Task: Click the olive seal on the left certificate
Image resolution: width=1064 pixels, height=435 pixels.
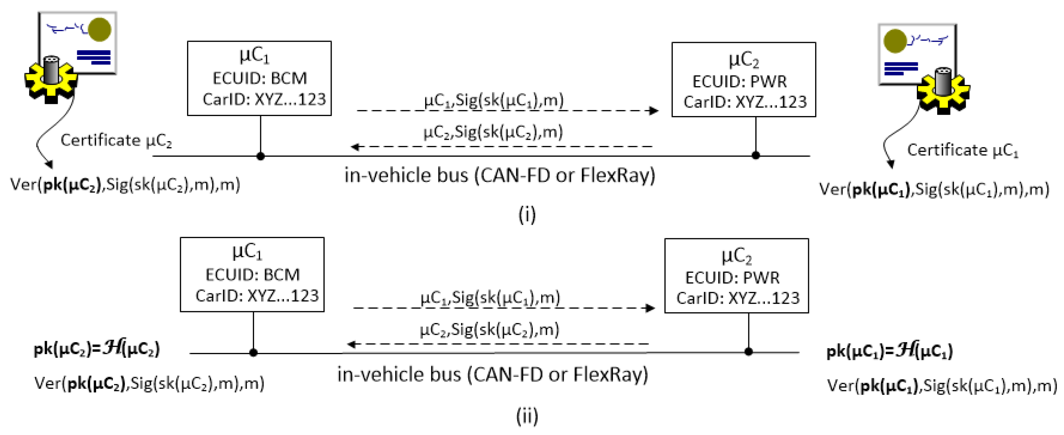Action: click(99, 30)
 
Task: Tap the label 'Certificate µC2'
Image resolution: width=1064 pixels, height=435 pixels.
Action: click(116, 140)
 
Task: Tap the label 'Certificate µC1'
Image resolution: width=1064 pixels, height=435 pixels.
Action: click(962, 150)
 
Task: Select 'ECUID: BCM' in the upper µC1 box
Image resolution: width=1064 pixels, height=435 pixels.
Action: click(260, 78)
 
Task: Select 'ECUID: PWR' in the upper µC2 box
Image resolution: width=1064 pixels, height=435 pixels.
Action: click(739, 81)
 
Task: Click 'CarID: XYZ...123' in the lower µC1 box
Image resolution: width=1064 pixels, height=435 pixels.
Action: click(257, 296)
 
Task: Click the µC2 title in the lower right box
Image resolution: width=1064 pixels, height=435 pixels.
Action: click(736, 256)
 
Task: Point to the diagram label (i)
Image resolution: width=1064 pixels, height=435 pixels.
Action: click(527, 214)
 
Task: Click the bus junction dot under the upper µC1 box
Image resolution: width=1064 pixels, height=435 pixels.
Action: click(261, 156)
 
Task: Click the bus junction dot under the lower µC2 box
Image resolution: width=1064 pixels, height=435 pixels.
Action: click(748, 352)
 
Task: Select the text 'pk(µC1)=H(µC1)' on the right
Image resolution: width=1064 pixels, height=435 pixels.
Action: click(889, 351)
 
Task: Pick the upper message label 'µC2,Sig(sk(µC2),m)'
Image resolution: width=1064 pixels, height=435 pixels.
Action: click(493, 132)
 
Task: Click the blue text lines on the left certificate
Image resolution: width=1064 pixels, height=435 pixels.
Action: click(94, 57)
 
